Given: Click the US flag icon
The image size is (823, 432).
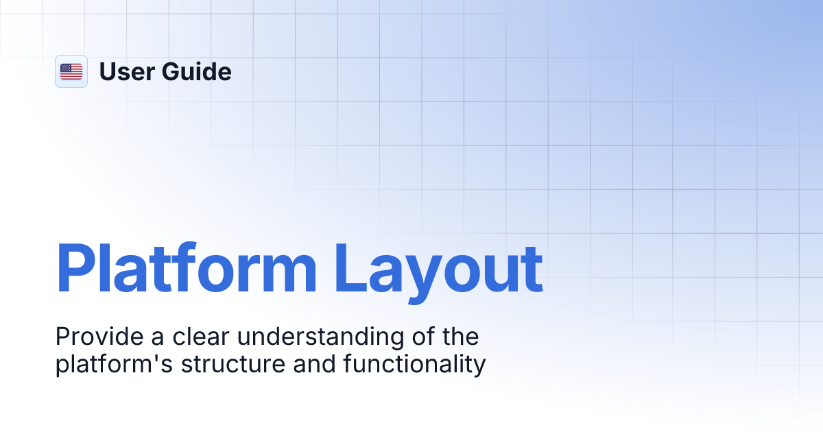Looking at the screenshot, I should tap(71, 71).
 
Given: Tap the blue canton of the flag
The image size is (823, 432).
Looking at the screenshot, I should tap(66, 68).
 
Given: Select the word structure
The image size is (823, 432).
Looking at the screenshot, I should tap(233, 364).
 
